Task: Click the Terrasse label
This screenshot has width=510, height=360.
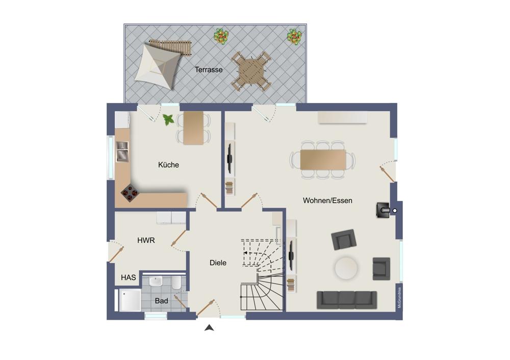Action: tap(209, 69)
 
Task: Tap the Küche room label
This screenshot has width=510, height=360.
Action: tap(168, 165)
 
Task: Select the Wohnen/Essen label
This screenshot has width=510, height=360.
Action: tap(327, 200)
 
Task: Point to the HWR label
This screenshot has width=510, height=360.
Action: tap(146, 240)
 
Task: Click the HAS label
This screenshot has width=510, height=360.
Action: tap(129, 277)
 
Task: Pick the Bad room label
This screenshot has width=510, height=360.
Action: tap(161, 301)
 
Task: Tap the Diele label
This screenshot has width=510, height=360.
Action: tap(218, 263)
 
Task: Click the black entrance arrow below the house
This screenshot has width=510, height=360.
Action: tap(209, 328)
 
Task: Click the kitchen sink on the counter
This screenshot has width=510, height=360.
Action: tap(122, 151)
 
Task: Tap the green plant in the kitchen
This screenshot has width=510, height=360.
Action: tap(168, 120)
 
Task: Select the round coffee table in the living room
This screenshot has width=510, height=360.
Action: tap(346, 268)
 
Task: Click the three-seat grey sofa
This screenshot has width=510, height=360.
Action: tap(347, 300)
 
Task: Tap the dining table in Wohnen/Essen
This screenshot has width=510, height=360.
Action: tap(323, 160)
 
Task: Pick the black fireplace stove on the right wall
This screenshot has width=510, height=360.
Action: tap(383, 211)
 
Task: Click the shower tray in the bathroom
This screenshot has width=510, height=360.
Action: tap(130, 300)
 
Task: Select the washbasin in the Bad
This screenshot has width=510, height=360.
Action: tap(156, 281)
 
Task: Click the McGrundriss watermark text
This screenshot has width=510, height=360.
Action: tap(399, 297)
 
